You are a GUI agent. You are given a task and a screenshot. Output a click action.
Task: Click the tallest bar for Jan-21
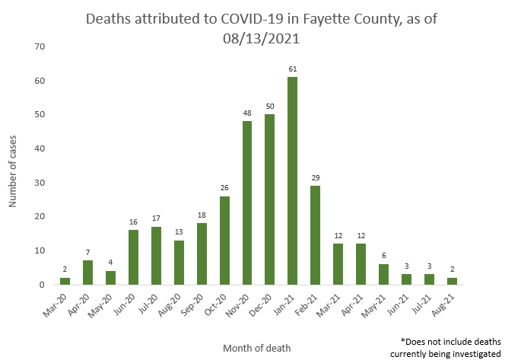pos(292,180)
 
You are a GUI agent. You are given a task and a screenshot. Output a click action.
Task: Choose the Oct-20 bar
pos(224,240)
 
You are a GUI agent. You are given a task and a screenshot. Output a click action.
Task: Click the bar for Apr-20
pos(87,272)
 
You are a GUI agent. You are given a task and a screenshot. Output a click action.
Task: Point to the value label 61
pos(292,69)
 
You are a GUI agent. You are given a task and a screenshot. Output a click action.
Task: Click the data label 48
pos(247,113)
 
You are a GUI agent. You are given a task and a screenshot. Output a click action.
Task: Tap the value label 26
pos(224,189)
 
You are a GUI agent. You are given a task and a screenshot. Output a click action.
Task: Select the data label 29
pos(315,178)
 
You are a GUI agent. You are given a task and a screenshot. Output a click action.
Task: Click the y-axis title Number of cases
pos(12,166)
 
